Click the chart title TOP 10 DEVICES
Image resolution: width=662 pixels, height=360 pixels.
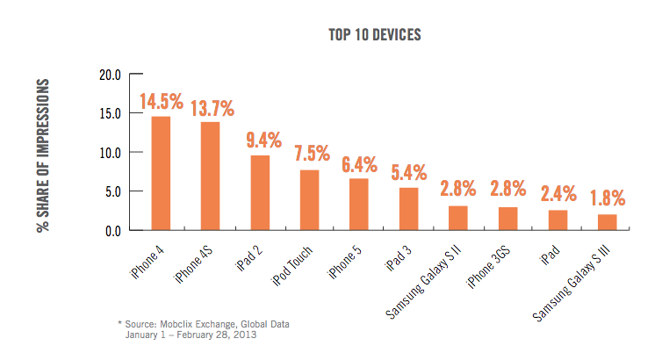pyautogui.click(x=374, y=35)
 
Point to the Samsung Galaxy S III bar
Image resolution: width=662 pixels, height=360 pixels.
pyautogui.click(x=607, y=222)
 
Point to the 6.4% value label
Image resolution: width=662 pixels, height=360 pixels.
pyautogui.click(x=360, y=165)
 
